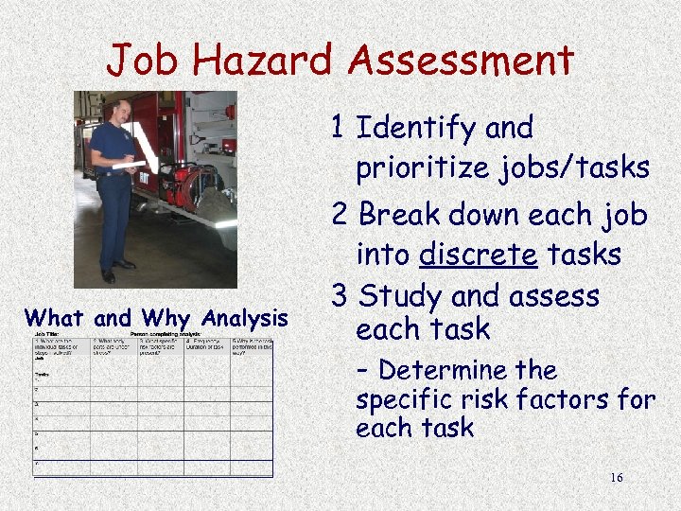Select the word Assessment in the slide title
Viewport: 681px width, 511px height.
[x=462, y=62]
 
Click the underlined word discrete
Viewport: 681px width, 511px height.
[x=480, y=255]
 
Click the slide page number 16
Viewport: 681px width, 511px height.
[x=616, y=478]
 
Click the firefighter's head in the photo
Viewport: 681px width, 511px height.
[x=120, y=110]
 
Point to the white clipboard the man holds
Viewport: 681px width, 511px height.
[x=128, y=166]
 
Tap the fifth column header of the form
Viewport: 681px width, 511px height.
[x=253, y=347]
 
